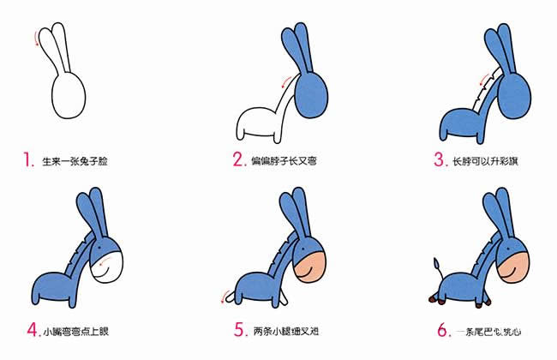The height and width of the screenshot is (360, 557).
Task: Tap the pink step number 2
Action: tap(238, 159)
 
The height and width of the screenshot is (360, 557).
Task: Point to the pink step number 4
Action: tap(32, 329)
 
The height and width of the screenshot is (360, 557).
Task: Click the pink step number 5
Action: tap(238, 329)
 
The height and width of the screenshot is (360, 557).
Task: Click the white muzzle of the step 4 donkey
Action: tap(111, 262)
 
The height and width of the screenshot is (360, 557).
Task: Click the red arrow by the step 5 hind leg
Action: tap(227, 296)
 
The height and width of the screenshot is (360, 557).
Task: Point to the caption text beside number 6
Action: tap(493, 330)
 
